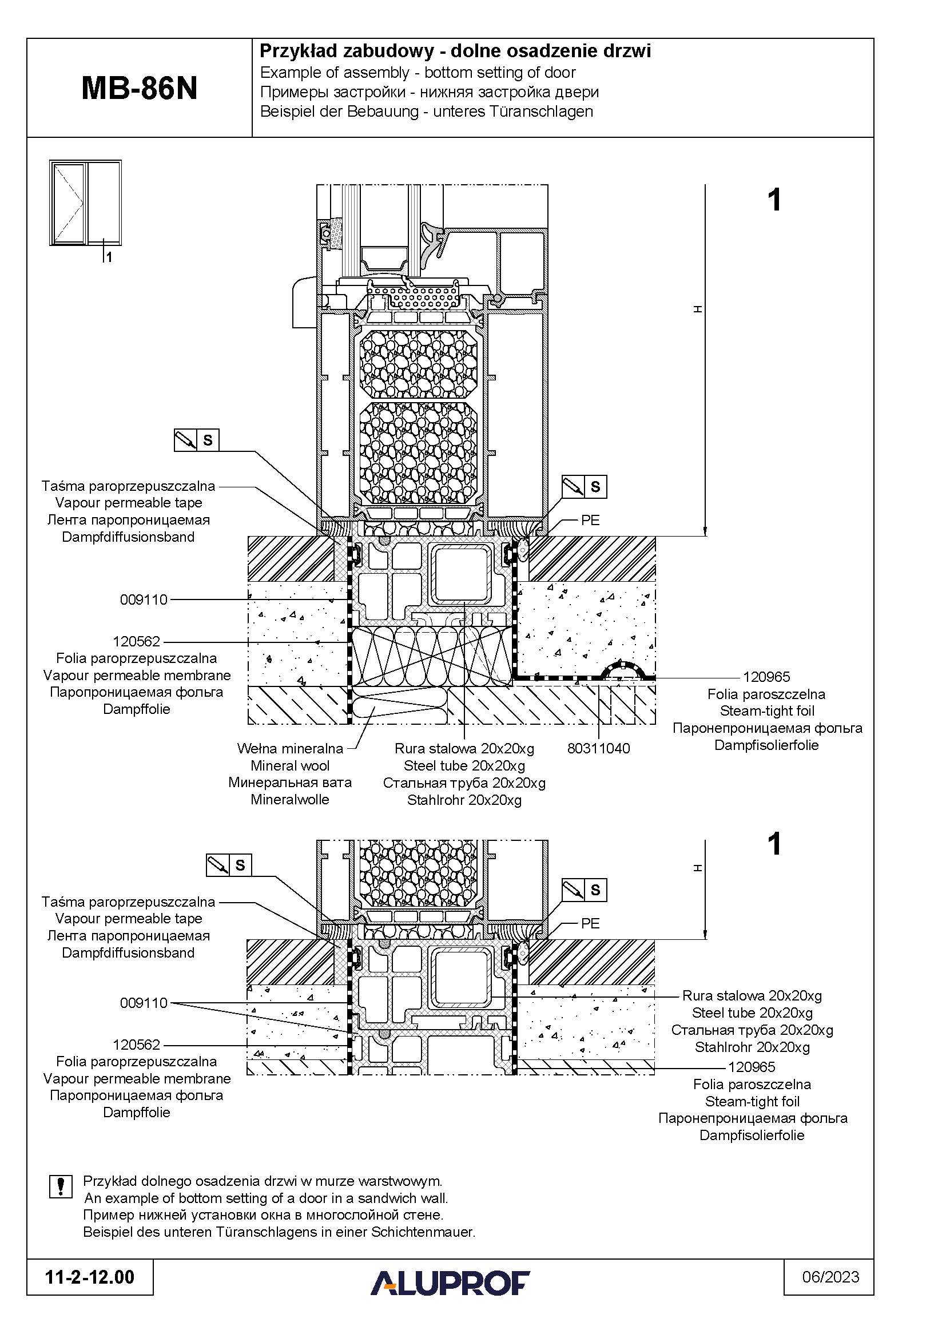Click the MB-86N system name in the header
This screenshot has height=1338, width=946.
[x=139, y=89]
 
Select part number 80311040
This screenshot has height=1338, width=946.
[x=598, y=748]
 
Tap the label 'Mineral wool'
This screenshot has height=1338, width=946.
[x=289, y=766]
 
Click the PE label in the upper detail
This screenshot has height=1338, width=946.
[x=590, y=520]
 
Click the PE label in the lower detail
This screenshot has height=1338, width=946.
[x=590, y=923]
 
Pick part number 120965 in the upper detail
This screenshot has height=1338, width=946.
[x=766, y=677]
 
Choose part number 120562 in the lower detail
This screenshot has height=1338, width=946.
[x=136, y=1045]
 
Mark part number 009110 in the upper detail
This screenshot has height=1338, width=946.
[x=144, y=599]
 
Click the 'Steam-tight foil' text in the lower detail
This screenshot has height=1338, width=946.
[x=752, y=1101]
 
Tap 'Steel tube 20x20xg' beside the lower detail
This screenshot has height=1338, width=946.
[x=752, y=1013]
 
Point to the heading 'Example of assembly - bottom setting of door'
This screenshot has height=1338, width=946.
[x=418, y=73]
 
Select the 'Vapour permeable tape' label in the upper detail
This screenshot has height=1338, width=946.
[x=129, y=502]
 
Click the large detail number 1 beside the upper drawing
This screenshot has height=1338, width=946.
[x=774, y=200]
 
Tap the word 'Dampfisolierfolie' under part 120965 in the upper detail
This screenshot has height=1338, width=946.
[x=766, y=745]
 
